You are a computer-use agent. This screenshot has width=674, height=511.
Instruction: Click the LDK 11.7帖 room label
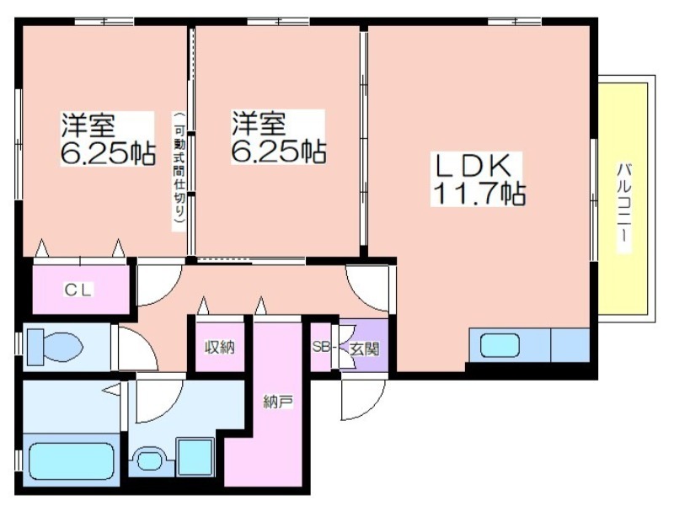478,179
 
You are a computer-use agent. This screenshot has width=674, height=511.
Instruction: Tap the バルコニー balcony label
623,207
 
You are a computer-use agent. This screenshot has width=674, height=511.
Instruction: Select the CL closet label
78,290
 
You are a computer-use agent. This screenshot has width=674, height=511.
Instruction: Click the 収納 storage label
220,347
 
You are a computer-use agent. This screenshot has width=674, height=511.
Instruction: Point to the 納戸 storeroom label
278,402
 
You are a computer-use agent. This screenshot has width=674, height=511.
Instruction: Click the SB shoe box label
322,347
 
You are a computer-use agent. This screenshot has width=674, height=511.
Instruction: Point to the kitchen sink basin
500,346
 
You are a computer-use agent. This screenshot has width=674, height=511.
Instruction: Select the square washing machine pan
195,457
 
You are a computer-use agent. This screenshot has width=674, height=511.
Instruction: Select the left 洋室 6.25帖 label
107,138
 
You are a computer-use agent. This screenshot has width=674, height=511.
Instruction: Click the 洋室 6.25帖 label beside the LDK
278,137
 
